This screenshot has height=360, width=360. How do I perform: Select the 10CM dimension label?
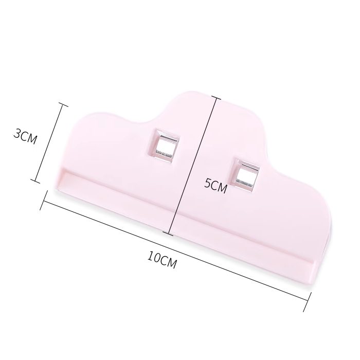(x=162, y=260)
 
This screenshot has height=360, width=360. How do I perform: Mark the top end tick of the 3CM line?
(x=62, y=104)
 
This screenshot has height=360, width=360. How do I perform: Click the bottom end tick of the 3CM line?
(x=35, y=181)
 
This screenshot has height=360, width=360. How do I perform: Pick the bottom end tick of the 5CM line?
(x=169, y=233)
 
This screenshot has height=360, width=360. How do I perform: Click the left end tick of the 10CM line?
(x=44, y=200)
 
